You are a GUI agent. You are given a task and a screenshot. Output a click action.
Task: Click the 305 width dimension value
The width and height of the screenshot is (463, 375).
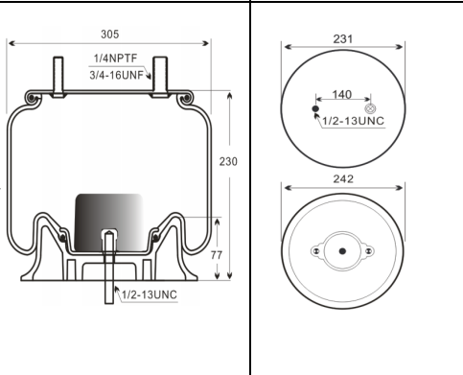(110, 35)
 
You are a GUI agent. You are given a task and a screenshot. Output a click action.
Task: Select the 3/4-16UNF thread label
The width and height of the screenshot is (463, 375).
(116, 75)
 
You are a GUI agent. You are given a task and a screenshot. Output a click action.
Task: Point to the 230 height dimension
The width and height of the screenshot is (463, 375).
(228, 161)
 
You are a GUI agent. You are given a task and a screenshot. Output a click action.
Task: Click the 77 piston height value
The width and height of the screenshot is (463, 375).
(217, 255)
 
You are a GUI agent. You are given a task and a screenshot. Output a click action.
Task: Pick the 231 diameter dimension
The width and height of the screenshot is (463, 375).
(343, 39)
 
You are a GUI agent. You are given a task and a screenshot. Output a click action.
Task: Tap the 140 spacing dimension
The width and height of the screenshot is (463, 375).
(342, 94)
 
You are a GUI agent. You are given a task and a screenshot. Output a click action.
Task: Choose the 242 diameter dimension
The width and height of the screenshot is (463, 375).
(343, 179)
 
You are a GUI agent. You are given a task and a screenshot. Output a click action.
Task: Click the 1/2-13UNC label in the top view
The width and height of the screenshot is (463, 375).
(353, 121)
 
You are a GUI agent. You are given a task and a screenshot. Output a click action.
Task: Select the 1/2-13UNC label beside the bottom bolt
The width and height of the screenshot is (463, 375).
(150, 294)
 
